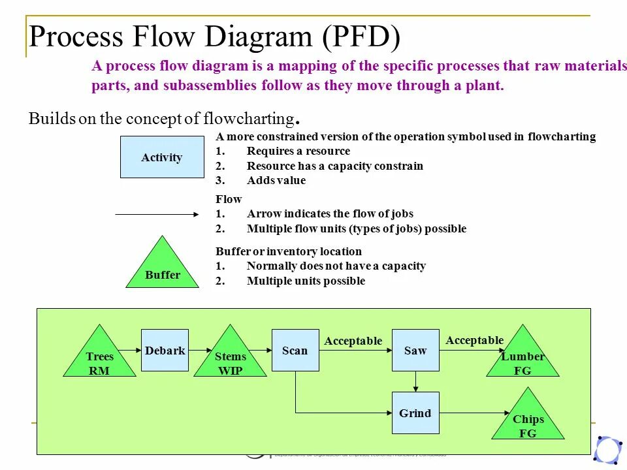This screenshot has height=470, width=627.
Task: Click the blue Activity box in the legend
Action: click(x=161, y=157)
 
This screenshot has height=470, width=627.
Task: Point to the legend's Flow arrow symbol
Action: click(x=157, y=213)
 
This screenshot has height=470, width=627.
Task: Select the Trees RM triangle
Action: click(x=99, y=359)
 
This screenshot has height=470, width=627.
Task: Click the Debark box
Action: click(x=165, y=351)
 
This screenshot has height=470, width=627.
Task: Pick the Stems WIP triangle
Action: click(x=231, y=359)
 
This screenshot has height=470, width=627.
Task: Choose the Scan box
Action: click(x=295, y=351)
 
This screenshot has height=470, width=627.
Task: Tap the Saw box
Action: click(x=415, y=351)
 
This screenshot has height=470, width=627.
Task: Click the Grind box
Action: click(x=415, y=413)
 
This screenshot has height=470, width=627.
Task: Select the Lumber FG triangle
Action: click(x=522, y=359)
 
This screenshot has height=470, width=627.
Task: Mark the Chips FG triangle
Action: click(x=528, y=422)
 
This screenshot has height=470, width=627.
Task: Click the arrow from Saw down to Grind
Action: click(x=415, y=381)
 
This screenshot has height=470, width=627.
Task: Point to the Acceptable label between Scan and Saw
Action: click(x=353, y=341)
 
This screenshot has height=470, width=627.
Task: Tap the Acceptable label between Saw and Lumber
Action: click(x=475, y=340)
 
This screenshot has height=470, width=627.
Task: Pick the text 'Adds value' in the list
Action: click(x=276, y=181)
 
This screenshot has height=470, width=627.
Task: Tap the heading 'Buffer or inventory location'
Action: click(x=289, y=251)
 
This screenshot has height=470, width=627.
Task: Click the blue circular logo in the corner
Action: click(x=608, y=450)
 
